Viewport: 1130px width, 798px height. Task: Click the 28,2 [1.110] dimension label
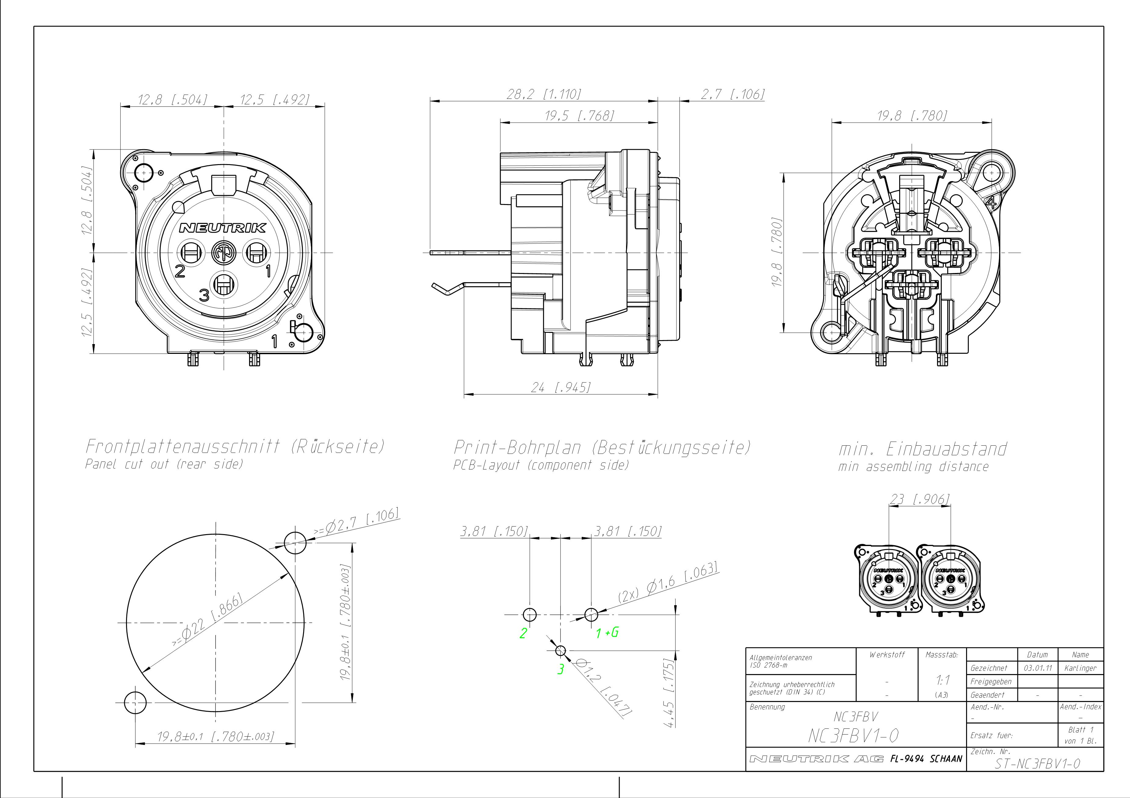click(544, 94)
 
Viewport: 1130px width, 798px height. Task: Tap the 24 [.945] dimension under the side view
click(560, 388)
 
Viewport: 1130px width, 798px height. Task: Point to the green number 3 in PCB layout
click(560, 670)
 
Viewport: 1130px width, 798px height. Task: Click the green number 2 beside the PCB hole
click(523, 633)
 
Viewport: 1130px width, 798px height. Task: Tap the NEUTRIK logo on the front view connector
click(223, 228)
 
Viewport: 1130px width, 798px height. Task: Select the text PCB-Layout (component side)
click(541, 465)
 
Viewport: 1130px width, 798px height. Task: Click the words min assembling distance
click(914, 466)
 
